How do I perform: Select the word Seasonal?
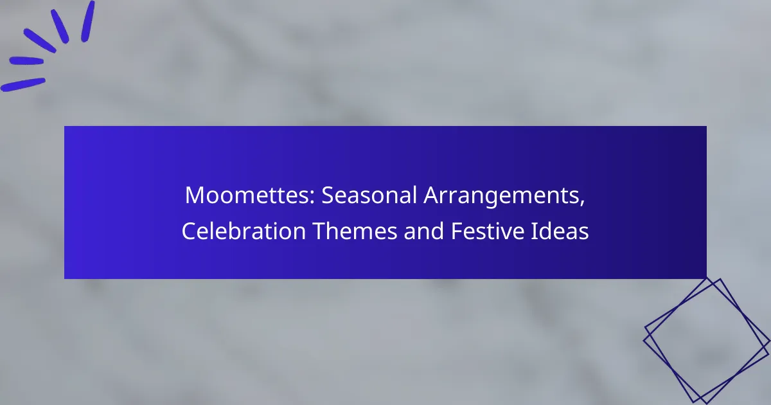click(369, 195)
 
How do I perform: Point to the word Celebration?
click(244, 231)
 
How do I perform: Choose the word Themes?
click(355, 231)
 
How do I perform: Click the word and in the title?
click(423, 231)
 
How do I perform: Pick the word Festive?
click(488, 231)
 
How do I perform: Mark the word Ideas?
click(560, 231)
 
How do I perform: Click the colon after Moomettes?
click(312, 198)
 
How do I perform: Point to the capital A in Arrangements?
click(433, 195)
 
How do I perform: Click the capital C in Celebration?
click(189, 231)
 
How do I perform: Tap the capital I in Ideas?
click(533, 231)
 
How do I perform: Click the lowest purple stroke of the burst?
click(22, 85)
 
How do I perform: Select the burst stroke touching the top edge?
click(88, 21)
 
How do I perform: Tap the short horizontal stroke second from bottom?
click(26, 61)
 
